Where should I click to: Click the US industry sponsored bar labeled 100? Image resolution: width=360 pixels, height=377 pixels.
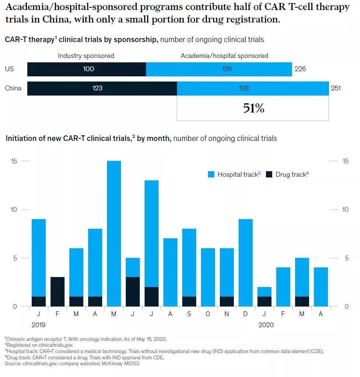tap(87, 69)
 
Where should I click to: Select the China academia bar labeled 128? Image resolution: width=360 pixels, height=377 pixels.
tap(253, 88)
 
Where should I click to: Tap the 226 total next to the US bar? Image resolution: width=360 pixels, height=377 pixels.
tap(300, 69)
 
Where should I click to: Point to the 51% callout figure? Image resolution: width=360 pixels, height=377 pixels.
tap(253, 108)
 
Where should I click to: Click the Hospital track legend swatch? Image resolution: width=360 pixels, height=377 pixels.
tap(211, 174)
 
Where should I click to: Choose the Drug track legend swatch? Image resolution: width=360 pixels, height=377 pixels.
tap(269, 174)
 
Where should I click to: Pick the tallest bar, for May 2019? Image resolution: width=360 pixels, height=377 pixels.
tap(114, 233)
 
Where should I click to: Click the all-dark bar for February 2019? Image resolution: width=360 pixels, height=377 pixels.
tap(58, 291)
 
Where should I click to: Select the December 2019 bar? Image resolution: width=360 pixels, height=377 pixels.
tap(246, 263)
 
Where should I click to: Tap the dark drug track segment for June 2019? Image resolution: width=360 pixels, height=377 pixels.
tap(133, 291)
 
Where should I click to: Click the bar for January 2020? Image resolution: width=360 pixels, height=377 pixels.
tap(264, 297)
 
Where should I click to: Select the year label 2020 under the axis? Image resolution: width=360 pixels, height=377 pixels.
tap(266, 325)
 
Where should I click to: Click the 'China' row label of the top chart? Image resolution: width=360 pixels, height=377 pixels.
tap(13, 88)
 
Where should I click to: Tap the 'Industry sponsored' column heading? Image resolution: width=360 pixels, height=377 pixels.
tap(86, 56)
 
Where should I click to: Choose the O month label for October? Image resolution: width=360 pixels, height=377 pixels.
tap(208, 314)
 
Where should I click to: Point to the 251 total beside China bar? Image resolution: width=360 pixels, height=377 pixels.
tap(336, 88)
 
